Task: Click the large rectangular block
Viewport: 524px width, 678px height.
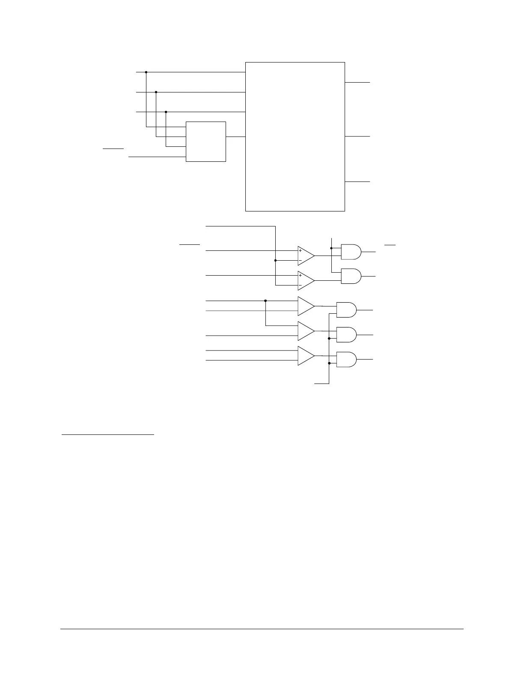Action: (295, 137)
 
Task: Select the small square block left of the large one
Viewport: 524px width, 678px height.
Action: (206, 142)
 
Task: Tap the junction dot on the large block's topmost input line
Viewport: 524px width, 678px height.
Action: (146, 72)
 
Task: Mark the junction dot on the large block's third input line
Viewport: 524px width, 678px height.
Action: (166, 112)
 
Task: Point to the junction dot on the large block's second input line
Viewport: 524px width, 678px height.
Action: (156, 92)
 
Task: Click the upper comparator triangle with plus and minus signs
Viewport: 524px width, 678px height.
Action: (306, 256)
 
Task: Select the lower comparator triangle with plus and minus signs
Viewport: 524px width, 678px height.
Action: (306, 280)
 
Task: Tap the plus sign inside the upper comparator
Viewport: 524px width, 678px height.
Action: (301, 251)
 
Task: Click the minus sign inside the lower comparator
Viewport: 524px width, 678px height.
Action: (301, 285)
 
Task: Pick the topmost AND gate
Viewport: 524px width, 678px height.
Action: (351, 252)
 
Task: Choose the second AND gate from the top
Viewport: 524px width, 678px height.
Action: (351, 277)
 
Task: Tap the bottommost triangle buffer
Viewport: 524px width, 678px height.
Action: (306, 356)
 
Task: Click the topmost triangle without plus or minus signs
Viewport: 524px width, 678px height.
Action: (306, 306)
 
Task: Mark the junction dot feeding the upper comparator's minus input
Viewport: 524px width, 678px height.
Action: (275, 260)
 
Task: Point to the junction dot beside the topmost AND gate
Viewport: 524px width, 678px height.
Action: (332, 248)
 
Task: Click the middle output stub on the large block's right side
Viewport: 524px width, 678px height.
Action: (357, 137)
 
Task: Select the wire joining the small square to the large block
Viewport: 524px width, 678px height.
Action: (235, 137)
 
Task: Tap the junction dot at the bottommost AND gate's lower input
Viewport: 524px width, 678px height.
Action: (329, 363)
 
